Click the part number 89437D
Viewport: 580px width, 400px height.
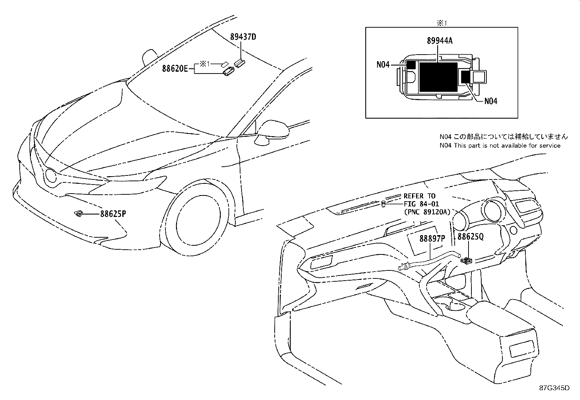coord(243,37)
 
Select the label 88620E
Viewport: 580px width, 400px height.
coord(175,68)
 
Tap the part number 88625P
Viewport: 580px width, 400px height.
coord(113,214)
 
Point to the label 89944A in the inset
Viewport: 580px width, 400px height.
coord(440,41)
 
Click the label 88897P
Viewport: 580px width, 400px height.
coord(432,238)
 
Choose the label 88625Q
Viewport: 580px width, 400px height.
coord(470,237)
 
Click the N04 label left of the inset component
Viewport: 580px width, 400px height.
coord(383,65)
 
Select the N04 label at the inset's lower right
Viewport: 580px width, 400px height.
coord(491,101)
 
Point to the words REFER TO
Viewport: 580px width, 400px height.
coord(419,196)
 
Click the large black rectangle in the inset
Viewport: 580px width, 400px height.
coord(438,77)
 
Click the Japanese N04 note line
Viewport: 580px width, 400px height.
coord(503,136)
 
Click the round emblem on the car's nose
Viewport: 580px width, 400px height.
coord(50,176)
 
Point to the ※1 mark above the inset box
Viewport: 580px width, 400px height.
coord(442,23)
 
